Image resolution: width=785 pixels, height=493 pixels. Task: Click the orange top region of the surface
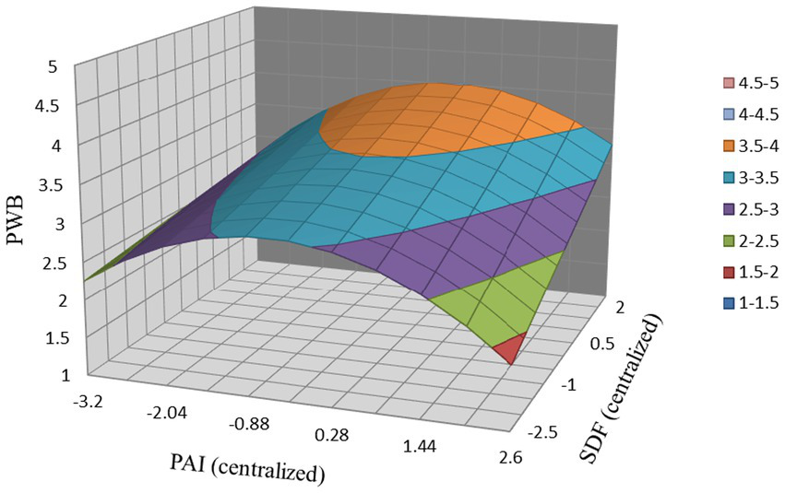pyautogui.click(x=443, y=120)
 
